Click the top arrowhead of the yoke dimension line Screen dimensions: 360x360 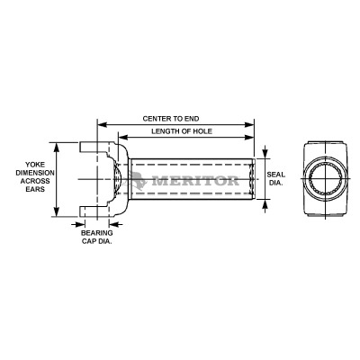click(x=58, y=144)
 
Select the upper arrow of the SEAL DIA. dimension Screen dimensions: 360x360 click(x=265, y=154)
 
